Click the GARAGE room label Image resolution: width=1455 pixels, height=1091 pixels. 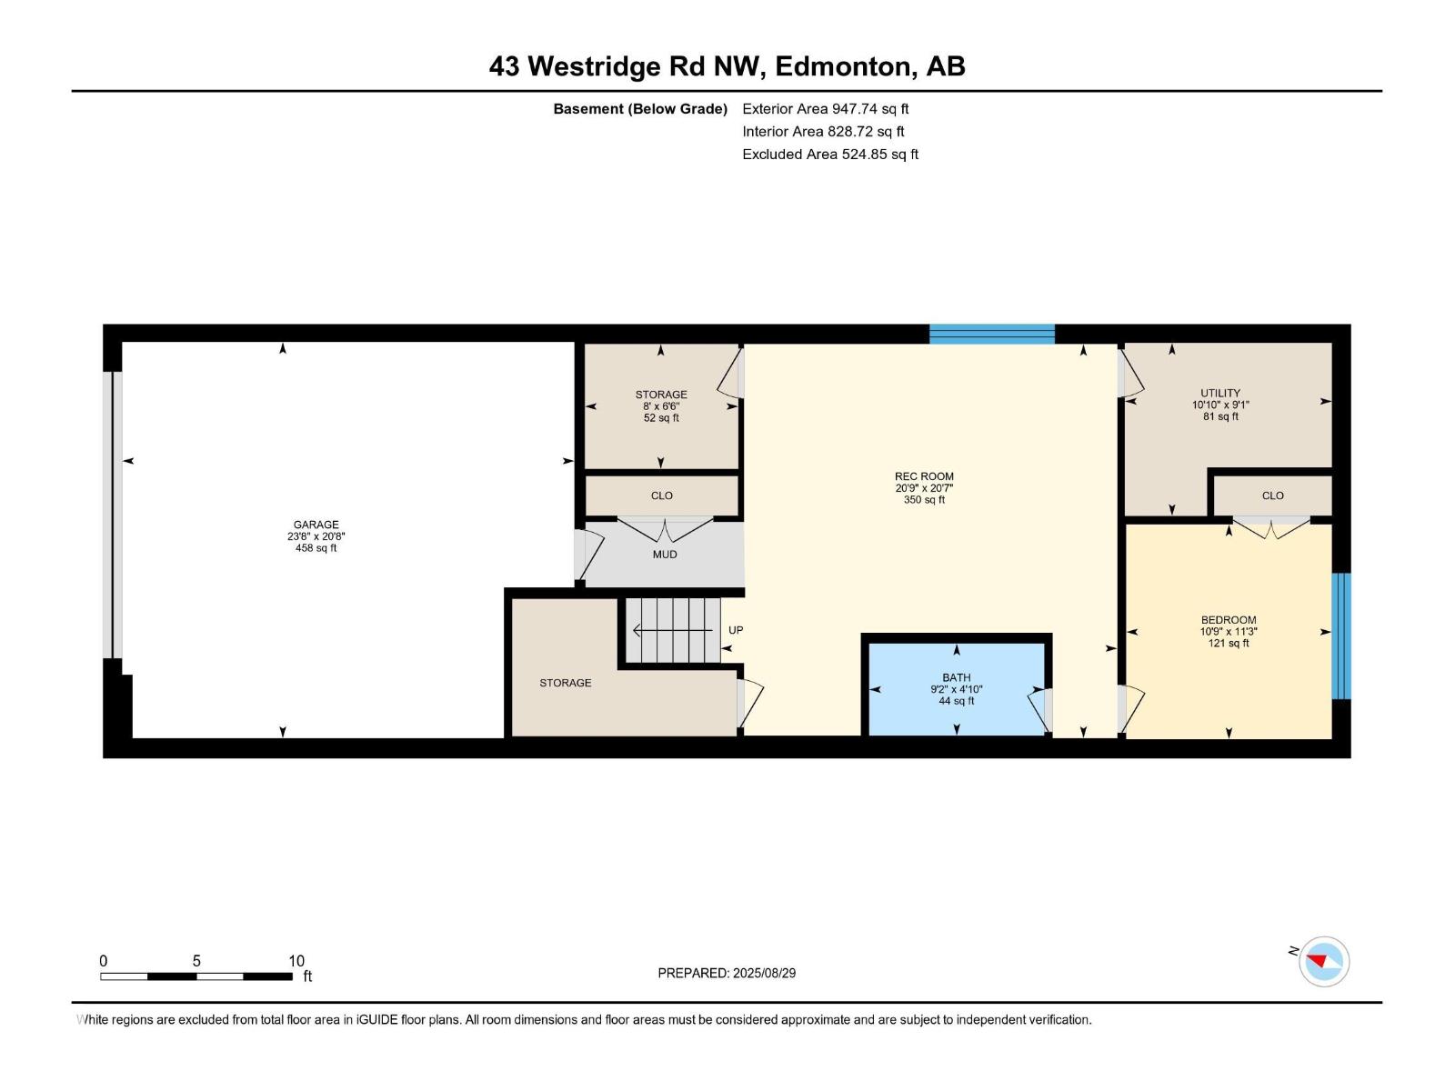(x=316, y=525)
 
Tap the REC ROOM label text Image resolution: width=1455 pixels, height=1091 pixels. (x=924, y=476)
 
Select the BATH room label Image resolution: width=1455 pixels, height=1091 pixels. (x=957, y=677)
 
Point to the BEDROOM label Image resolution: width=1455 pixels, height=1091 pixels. (x=1229, y=620)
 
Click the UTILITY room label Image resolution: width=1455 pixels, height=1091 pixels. (x=1220, y=394)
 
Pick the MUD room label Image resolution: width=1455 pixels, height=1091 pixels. (x=665, y=555)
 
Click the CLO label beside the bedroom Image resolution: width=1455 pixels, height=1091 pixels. (x=1272, y=495)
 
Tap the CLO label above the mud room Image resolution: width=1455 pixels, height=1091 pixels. (x=662, y=495)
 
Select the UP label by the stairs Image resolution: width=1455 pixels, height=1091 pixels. (x=736, y=630)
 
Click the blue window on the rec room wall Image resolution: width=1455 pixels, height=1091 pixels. (x=991, y=334)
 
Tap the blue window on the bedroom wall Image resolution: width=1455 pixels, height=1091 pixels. (x=1341, y=636)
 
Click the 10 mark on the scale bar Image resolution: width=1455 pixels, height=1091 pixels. (x=296, y=961)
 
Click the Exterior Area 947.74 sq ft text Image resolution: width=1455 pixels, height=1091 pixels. (x=826, y=109)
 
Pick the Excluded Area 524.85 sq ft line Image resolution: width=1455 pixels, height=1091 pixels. (x=830, y=155)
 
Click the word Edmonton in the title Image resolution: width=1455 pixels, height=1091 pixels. (x=842, y=66)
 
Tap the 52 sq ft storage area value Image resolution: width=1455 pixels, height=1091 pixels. (x=661, y=418)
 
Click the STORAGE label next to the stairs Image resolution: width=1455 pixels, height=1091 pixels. (x=565, y=683)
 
